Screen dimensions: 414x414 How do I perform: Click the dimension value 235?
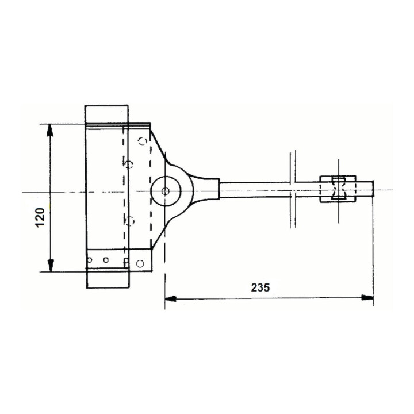click(260, 287)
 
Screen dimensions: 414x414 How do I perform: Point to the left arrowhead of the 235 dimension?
click(170, 298)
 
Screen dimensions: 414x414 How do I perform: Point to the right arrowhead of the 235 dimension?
click(367, 298)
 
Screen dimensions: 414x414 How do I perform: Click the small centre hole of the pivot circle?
click(166, 190)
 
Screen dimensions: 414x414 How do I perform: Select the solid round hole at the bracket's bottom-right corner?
click(140, 263)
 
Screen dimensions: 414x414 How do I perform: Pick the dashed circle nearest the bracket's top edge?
click(143, 141)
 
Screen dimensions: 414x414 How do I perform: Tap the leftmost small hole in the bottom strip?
click(90, 260)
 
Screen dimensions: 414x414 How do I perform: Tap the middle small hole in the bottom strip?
click(106, 260)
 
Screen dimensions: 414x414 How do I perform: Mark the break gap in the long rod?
click(293, 189)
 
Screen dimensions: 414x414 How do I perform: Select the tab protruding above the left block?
click(107, 114)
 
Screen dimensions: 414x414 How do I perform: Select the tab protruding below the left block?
click(107, 280)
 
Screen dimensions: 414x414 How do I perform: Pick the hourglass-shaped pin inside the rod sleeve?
click(338, 189)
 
